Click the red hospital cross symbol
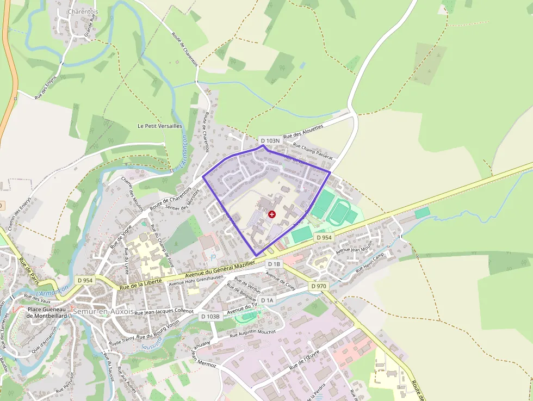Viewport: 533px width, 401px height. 272,214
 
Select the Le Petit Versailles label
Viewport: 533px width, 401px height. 159,126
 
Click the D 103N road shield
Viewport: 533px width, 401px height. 269,140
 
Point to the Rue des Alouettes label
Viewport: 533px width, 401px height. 303,131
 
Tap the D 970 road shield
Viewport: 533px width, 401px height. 319,286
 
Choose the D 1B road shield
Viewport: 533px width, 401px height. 274,264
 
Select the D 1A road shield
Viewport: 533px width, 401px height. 267,300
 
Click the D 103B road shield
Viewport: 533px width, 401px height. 210,316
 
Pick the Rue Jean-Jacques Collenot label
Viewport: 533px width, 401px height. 164,312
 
